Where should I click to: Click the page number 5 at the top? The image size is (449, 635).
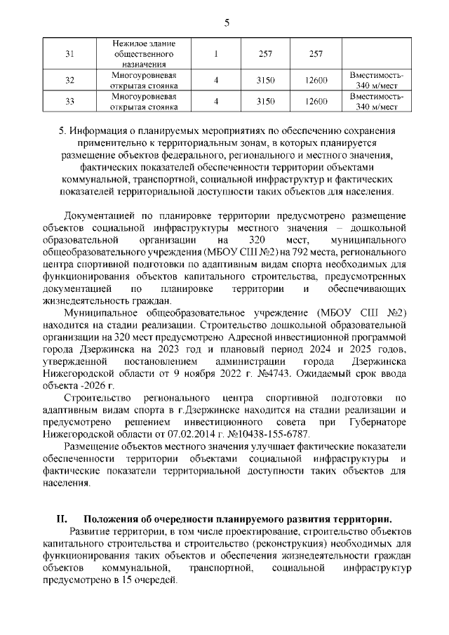pos(227,22)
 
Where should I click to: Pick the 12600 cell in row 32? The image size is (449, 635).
pos(316,80)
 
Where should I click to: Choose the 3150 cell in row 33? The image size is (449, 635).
pos(265,101)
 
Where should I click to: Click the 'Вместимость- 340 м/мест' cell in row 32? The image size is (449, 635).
pos(376,80)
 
